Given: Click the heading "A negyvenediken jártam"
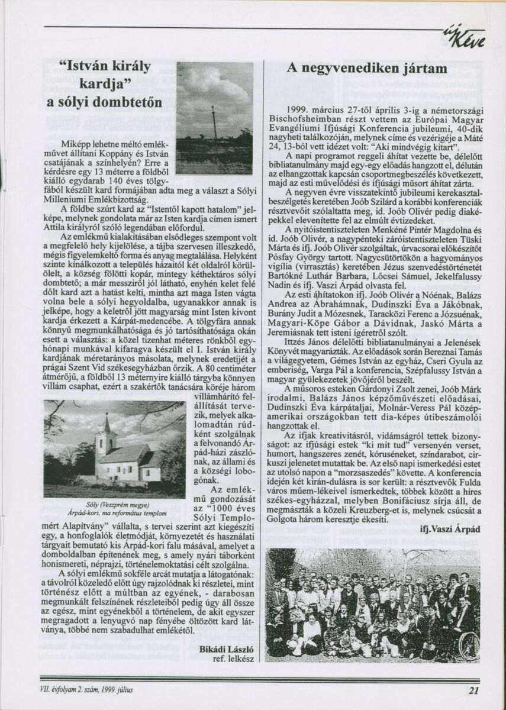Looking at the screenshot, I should pyautogui.click(x=367, y=68).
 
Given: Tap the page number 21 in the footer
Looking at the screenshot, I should pyautogui.click(x=473, y=689).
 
